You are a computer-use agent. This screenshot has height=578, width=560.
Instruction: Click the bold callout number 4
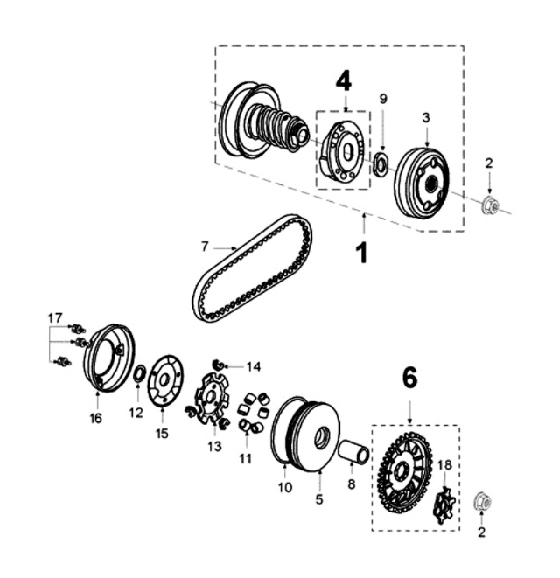(x=343, y=81)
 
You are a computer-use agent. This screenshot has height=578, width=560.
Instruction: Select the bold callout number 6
(x=409, y=378)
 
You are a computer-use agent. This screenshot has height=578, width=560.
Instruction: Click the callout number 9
(x=383, y=99)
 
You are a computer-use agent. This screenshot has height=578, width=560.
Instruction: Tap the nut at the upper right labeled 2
(x=490, y=206)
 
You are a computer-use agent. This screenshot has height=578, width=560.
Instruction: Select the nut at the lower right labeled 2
(x=482, y=503)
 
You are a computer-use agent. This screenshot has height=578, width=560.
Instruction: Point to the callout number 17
(x=54, y=319)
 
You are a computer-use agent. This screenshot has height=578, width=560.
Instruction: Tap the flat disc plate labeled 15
(x=163, y=381)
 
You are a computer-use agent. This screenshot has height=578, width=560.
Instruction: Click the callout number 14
(x=254, y=366)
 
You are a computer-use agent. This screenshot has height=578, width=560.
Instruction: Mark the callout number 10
(x=285, y=487)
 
